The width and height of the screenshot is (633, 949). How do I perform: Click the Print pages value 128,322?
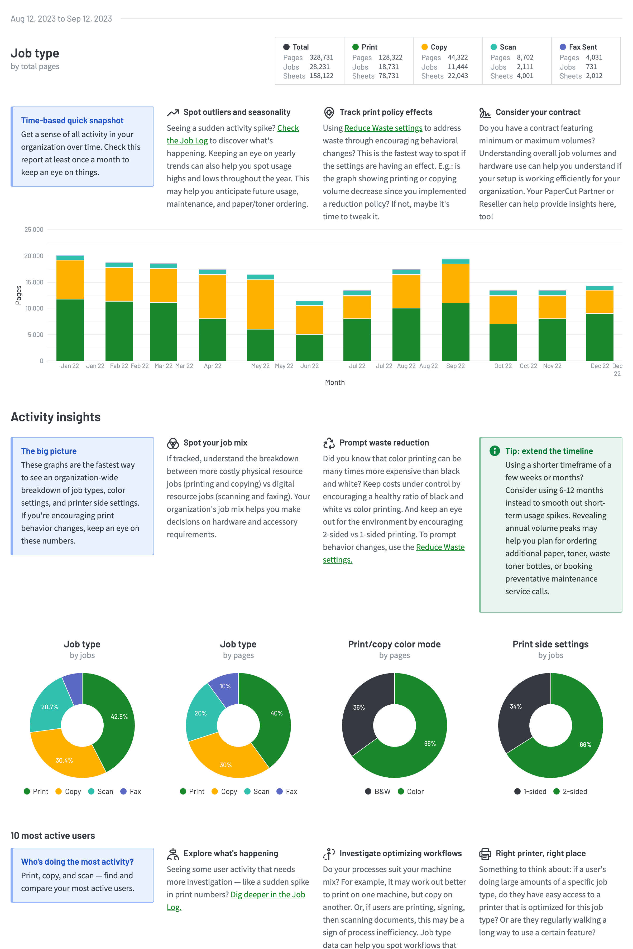[x=390, y=57]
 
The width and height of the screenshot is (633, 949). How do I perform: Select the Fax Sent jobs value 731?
[x=591, y=67]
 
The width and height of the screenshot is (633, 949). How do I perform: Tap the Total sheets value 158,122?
[x=321, y=76]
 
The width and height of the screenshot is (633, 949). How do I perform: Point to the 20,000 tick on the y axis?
[x=34, y=256]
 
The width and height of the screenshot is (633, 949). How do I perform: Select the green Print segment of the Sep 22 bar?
[x=455, y=332]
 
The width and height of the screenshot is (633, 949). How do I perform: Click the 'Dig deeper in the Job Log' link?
[x=268, y=894]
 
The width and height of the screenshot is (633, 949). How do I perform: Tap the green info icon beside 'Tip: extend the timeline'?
[x=494, y=451]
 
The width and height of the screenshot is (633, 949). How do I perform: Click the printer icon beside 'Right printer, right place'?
[x=485, y=854]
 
